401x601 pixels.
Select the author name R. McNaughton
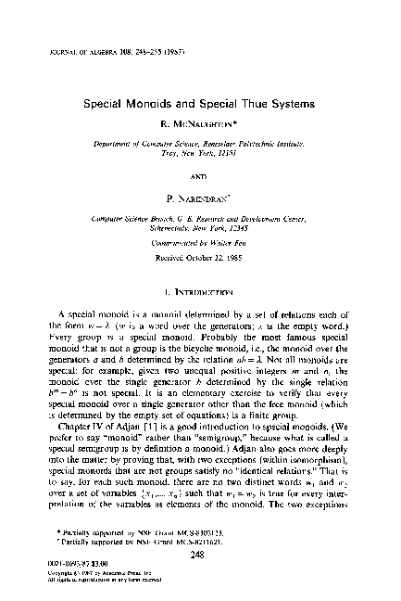click(200, 125)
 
